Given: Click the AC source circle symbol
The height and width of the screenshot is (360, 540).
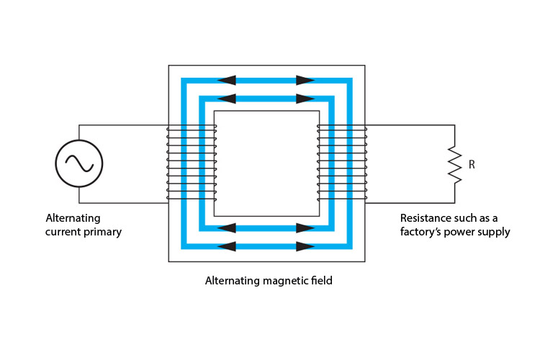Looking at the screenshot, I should click(x=79, y=163).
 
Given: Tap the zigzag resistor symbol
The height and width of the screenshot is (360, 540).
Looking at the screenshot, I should click(x=454, y=164).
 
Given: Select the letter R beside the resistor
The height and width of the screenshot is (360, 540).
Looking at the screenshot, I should click(x=472, y=165).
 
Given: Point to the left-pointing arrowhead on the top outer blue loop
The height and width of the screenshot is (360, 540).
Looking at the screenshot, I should click(x=226, y=80).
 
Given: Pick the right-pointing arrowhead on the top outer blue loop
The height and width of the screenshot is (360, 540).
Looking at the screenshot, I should click(x=305, y=80).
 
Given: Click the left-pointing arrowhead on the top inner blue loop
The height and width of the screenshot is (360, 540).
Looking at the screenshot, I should click(x=226, y=98).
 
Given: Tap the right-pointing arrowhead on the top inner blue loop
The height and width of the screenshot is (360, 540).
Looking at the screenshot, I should click(x=305, y=98).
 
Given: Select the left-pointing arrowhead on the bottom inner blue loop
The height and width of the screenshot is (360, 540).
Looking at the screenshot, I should click(x=226, y=228).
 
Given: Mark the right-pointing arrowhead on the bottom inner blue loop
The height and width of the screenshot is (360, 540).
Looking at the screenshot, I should click(x=305, y=228).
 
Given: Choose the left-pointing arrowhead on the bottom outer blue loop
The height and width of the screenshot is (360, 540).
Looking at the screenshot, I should click(x=226, y=246).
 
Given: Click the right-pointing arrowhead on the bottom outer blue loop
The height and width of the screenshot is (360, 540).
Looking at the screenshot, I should click(x=305, y=246).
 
